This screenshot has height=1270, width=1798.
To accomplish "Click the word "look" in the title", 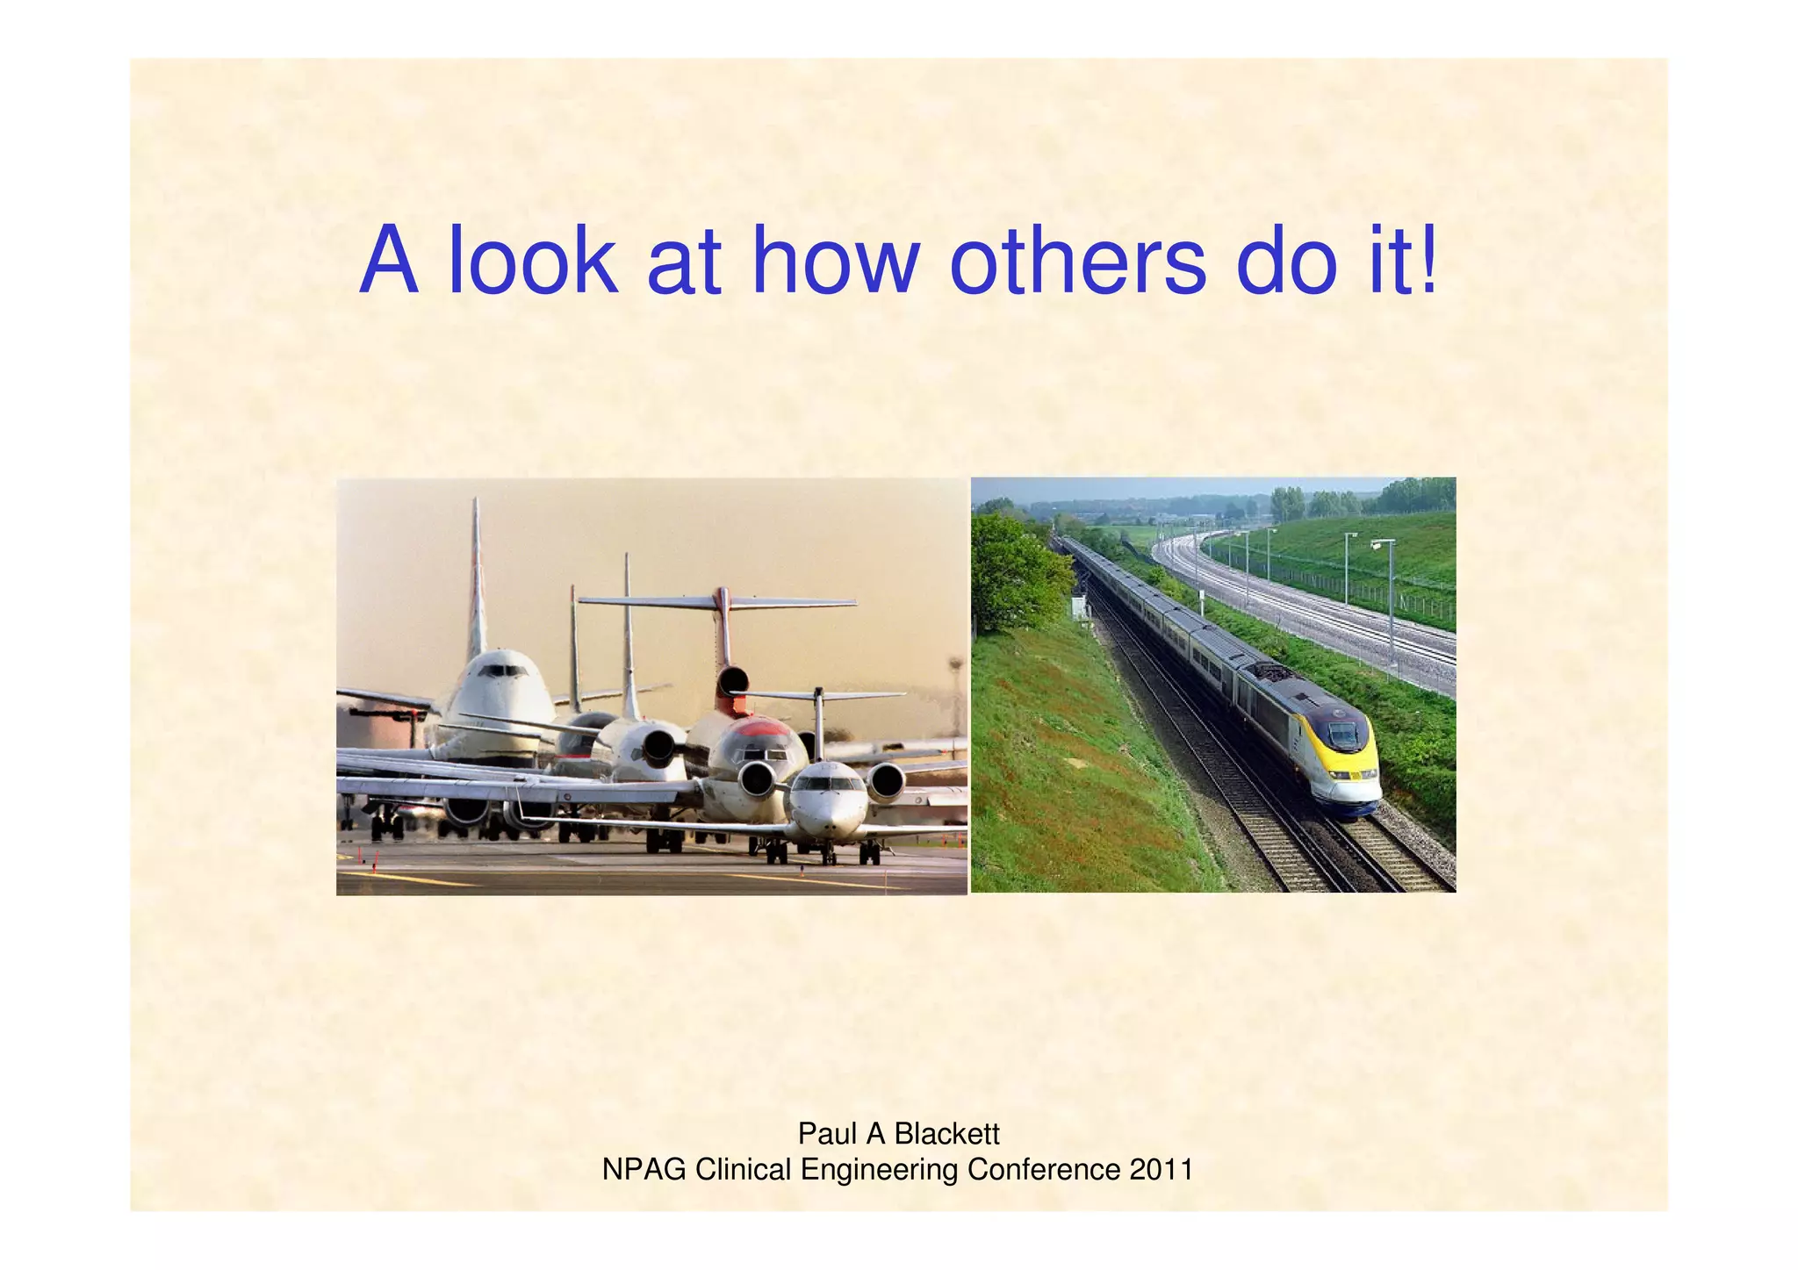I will (532, 261).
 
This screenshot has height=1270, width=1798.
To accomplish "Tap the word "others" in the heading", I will (1078, 261).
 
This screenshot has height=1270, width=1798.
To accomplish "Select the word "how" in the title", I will (835, 261).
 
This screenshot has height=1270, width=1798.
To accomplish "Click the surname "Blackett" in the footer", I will (946, 1134).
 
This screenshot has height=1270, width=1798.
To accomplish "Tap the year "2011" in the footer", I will (1162, 1170).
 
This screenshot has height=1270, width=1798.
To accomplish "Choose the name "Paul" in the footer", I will (827, 1134).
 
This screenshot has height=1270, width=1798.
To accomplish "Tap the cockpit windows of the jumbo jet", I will (501, 671).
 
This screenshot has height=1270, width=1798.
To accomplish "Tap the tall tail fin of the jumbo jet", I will (477, 570).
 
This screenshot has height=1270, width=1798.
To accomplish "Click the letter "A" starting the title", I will (387, 261).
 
